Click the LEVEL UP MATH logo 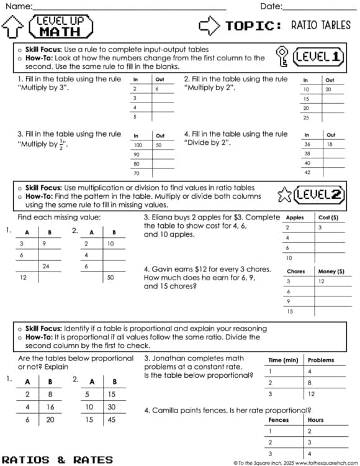tap(60, 26)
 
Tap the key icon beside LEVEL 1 tap(282, 57)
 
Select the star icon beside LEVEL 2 tap(284, 194)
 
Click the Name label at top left tap(18, 6)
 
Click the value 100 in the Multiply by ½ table tap(138, 145)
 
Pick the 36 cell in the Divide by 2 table tap(306, 144)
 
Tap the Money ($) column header tap(331, 272)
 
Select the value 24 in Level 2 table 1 tap(46, 266)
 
